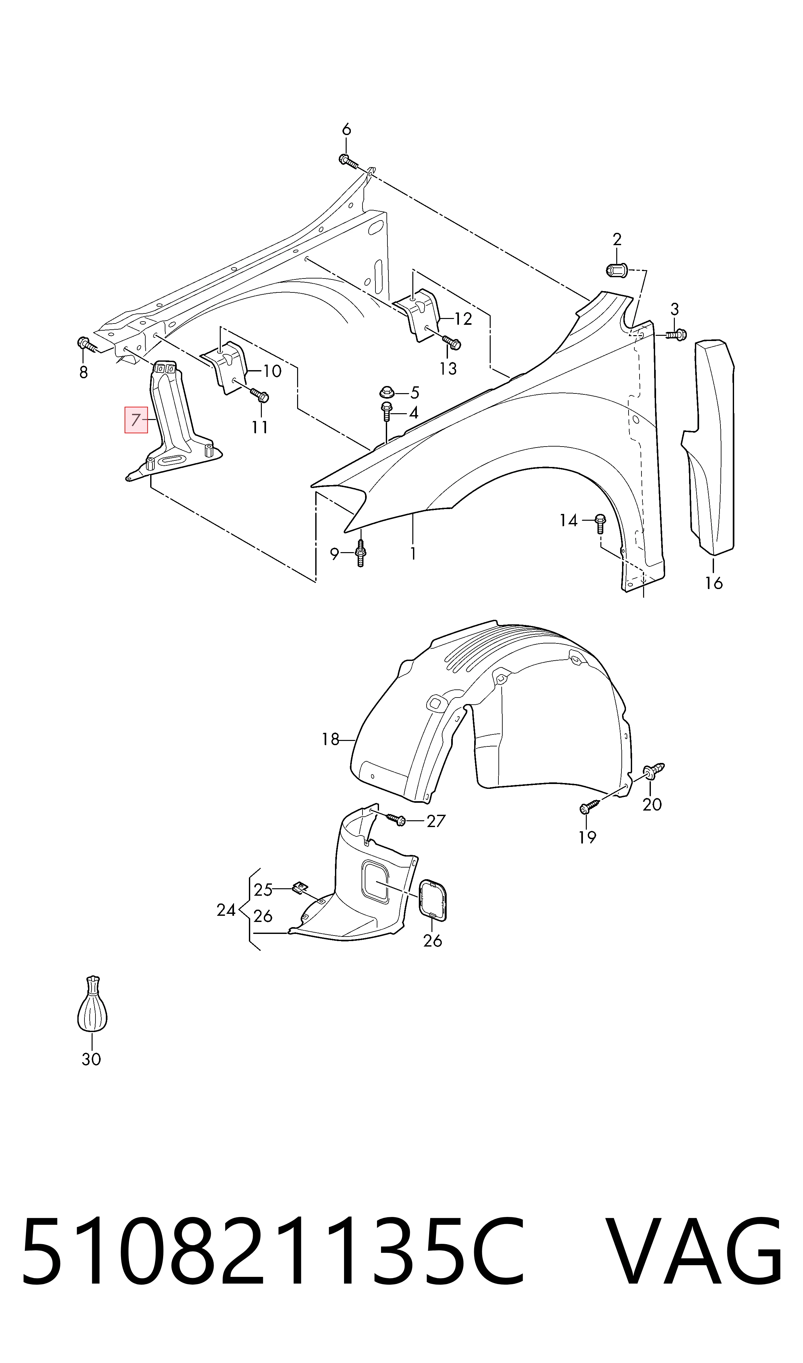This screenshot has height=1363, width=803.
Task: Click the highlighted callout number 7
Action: coord(136,419)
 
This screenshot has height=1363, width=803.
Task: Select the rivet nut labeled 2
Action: coord(616,269)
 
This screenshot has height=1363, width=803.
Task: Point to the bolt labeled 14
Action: coord(599,523)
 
